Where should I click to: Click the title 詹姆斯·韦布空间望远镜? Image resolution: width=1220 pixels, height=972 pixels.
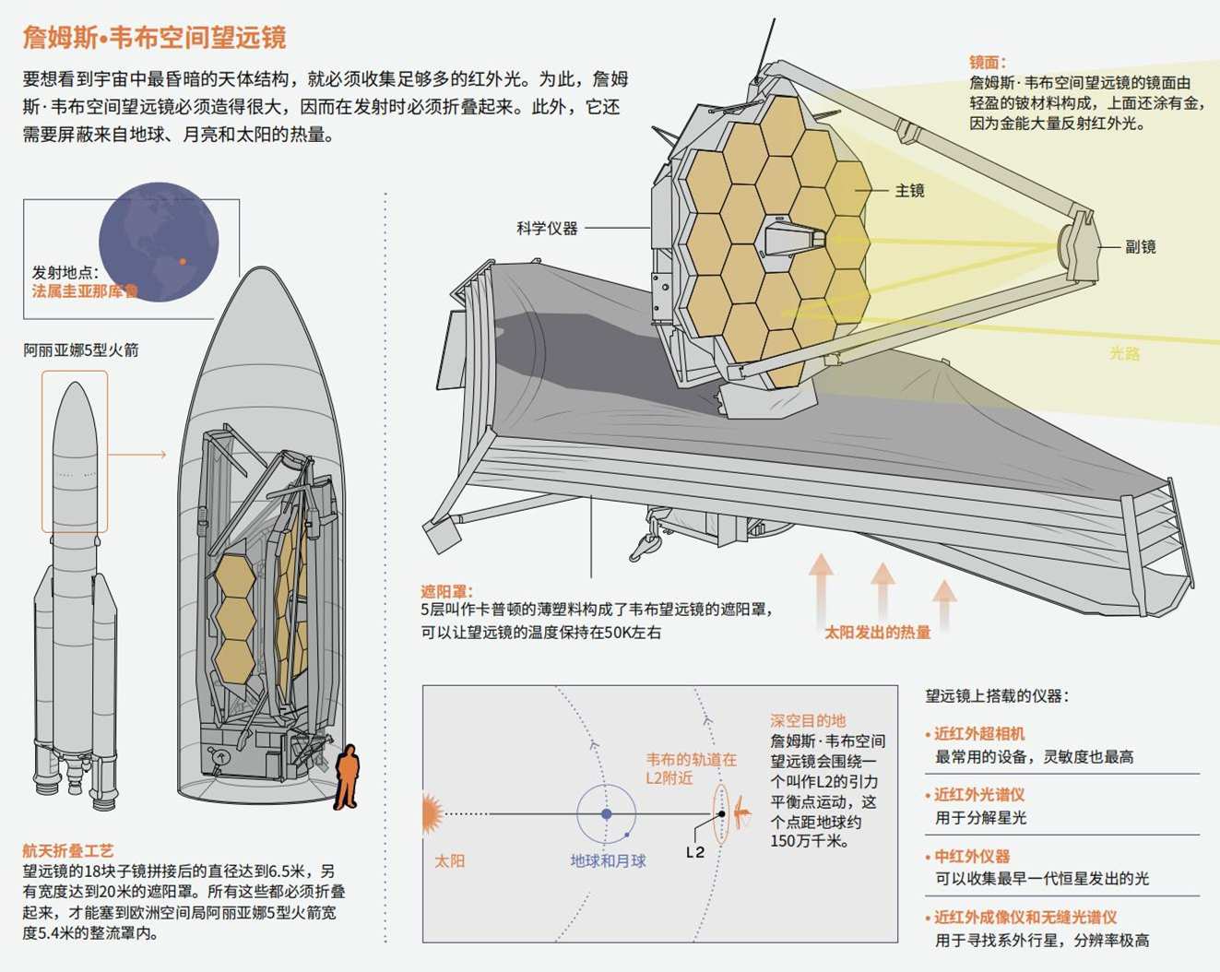point(154,38)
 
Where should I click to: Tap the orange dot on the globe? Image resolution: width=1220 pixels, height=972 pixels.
point(183,261)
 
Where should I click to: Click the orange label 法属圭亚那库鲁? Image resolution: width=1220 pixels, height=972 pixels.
point(85,291)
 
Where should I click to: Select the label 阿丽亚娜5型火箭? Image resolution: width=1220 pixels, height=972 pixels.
point(81,350)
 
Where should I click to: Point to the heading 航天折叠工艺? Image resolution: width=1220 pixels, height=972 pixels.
point(68,850)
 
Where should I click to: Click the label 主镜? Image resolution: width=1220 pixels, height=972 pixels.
point(909,191)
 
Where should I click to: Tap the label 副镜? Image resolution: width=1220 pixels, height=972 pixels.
point(1141,247)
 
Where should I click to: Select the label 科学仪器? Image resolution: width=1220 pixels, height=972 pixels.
point(547,228)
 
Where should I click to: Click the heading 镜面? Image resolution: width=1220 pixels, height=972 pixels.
point(988,63)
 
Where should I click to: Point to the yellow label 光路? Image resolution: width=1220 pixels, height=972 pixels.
point(1124,353)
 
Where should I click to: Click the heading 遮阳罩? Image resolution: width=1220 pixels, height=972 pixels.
point(447,591)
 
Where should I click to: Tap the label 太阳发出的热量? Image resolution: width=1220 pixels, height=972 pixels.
point(877,633)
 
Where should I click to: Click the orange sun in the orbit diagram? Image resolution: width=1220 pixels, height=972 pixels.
point(432,814)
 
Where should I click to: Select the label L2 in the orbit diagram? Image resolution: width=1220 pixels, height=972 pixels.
point(695,852)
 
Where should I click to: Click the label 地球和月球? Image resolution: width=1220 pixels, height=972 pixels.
point(608,861)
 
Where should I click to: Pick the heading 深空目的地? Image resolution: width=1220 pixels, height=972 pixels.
point(808,720)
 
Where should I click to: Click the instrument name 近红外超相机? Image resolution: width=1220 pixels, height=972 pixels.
point(979,734)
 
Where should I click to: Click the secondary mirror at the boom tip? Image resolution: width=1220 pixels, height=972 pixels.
point(1075,244)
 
